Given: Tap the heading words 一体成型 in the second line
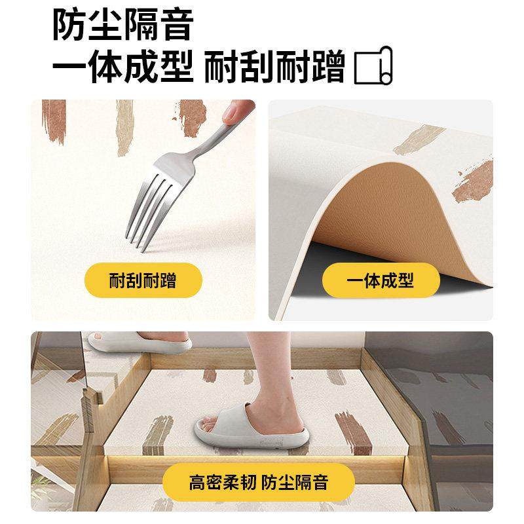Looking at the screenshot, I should tap(122, 68).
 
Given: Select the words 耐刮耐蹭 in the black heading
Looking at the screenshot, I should tap(274, 68).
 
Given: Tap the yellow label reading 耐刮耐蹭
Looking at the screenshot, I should tap(142, 282).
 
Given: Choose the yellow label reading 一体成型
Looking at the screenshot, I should tap(381, 282).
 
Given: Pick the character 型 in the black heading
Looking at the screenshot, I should tap(176, 68).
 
